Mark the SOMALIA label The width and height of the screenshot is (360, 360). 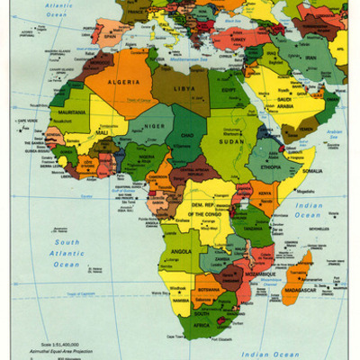click(x=310, y=171)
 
